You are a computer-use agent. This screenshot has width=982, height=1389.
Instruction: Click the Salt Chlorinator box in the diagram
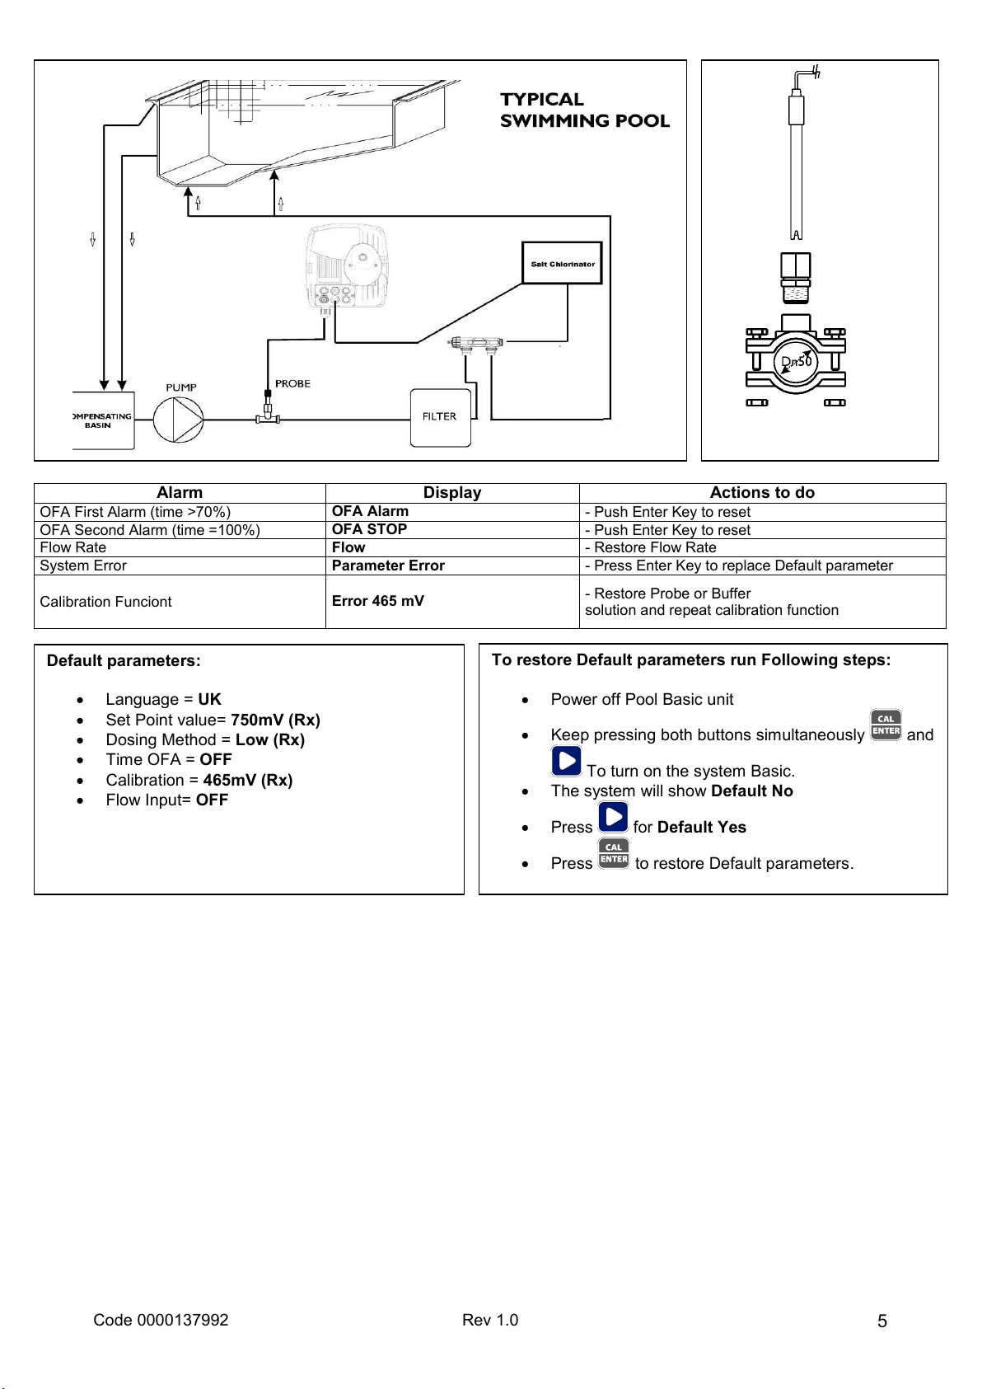(562, 264)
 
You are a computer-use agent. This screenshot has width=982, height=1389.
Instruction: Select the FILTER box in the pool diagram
(440, 417)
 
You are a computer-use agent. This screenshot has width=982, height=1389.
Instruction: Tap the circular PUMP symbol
(179, 420)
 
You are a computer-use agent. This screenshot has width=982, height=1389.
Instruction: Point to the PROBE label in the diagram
(292, 384)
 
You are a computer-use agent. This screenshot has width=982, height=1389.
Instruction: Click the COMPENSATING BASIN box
(102, 420)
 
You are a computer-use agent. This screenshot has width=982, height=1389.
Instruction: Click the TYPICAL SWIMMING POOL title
(583, 110)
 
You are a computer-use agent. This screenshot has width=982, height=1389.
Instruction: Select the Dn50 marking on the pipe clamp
(796, 362)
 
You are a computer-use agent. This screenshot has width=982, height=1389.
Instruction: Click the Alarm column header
(180, 493)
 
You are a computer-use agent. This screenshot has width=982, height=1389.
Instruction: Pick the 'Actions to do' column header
(762, 493)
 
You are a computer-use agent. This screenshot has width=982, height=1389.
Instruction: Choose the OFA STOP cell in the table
(369, 529)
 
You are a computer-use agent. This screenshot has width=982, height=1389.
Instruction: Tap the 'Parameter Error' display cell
(388, 565)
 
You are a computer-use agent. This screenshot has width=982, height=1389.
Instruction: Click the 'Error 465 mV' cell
(377, 601)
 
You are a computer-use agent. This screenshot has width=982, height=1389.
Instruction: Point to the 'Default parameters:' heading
(124, 661)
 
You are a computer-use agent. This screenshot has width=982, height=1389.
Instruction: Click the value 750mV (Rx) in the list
(275, 720)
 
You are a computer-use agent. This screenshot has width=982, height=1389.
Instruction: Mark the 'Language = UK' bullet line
(163, 700)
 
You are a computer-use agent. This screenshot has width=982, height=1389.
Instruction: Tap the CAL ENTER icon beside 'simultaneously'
(886, 725)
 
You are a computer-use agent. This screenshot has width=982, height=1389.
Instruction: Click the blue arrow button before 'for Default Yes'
(613, 818)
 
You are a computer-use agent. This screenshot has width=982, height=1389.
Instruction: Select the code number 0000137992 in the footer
(183, 1320)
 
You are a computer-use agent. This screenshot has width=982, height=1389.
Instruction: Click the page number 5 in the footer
(882, 1321)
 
